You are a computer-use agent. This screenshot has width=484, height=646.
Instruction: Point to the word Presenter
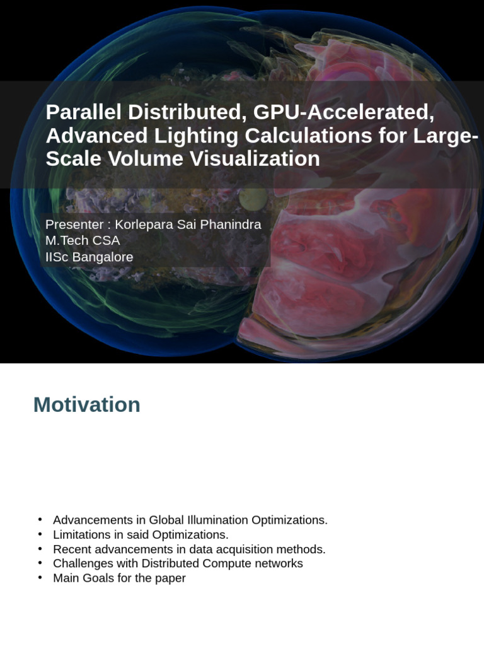click(74, 225)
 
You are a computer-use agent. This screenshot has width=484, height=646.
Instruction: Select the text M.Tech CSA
click(83, 240)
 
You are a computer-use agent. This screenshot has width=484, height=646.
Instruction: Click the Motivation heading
click(87, 404)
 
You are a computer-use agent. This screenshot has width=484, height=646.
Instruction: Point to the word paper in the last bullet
click(170, 578)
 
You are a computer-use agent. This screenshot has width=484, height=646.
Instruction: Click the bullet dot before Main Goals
click(40, 577)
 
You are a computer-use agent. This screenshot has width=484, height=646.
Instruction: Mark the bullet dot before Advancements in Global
click(40, 520)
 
